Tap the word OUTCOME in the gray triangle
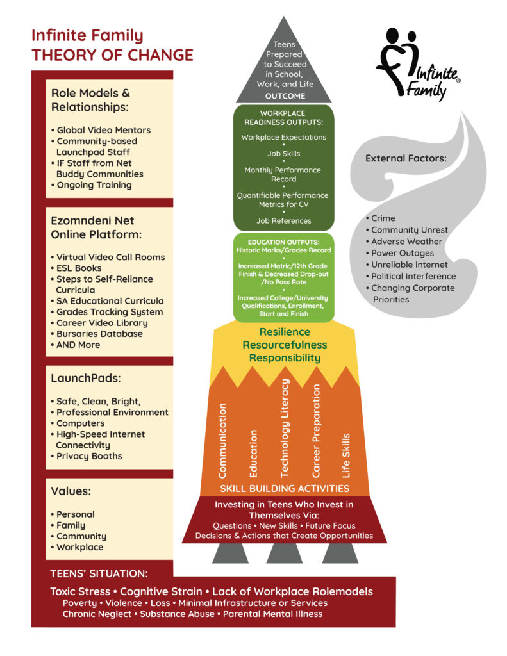pyautogui.click(x=285, y=96)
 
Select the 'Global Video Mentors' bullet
pyautogui.click(x=101, y=130)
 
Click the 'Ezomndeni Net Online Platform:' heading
pyautogui.click(x=96, y=227)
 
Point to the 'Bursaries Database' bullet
pyautogui.click(x=97, y=334)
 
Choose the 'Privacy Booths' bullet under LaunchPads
pyautogui.click(x=87, y=456)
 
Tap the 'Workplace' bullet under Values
pyautogui.click(x=77, y=547)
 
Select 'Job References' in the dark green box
pyautogui.click(x=284, y=221)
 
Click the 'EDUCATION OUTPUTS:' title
pyautogui.click(x=283, y=242)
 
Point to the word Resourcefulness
pyautogui.click(x=285, y=345)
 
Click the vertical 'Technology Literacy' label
pyautogui.click(x=285, y=428)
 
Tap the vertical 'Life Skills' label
pyautogui.click(x=346, y=455)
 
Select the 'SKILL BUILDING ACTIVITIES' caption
pyautogui.click(x=285, y=489)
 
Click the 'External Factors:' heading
pyautogui.click(x=406, y=159)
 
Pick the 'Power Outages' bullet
pyautogui.click(x=400, y=253)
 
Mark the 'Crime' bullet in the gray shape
pyautogui.click(x=380, y=218)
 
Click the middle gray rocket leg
pyautogui.click(x=285, y=553)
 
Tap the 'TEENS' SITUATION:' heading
pyautogui.click(x=99, y=573)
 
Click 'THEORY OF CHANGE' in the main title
pyautogui.click(x=113, y=55)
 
